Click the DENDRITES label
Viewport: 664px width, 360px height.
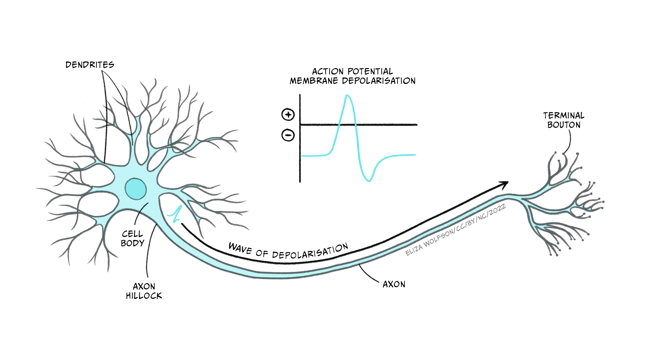click(x=90, y=65)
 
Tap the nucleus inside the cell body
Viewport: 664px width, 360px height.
click(x=136, y=189)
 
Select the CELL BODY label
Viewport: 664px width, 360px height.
click(x=132, y=238)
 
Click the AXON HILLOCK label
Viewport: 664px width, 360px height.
click(x=144, y=291)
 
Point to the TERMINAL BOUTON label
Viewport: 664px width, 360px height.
click(x=564, y=120)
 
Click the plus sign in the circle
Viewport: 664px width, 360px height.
click(x=288, y=115)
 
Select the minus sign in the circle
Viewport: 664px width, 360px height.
click(x=288, y=135)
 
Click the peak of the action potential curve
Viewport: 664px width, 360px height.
click(x=347, y=95)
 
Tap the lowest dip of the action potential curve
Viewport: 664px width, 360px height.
click(x=369, y=180)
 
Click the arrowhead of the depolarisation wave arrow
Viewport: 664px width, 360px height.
click(x=505, y=184)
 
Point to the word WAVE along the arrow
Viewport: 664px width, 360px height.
click(x=240, y=248)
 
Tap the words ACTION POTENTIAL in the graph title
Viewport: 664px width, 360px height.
click(x=352, y=71)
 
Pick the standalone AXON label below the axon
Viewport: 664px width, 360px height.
click(x=394, y=284)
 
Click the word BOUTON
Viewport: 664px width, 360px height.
click(x=564, y=125)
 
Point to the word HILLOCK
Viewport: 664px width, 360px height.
click(x=144, y=296)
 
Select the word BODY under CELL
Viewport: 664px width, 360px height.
click(x=132, y=243)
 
